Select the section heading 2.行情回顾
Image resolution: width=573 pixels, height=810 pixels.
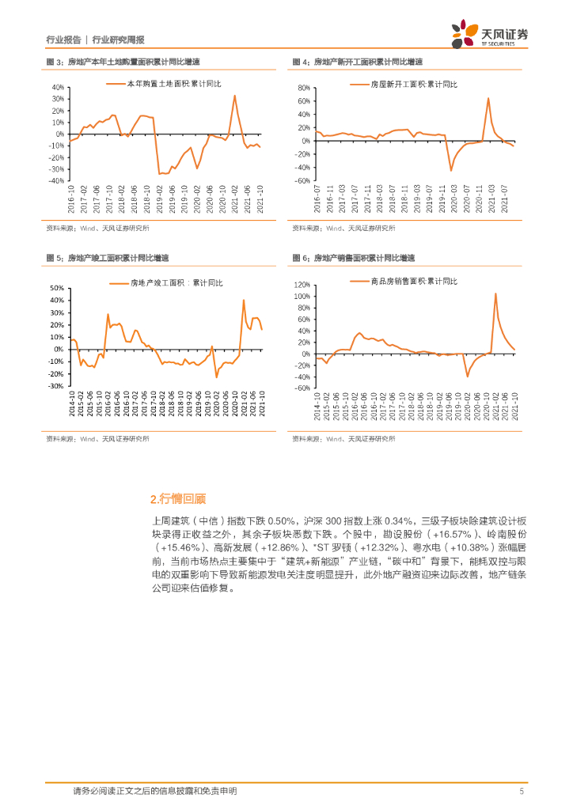pyautogui.click(x=177, y=498)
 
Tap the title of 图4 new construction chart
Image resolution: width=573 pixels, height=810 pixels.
pyautogui.click(x=357, y=62)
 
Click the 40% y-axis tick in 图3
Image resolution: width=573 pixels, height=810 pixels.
pyautogui.click(x=57, y=87)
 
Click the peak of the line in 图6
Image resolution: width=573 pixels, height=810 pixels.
pyautogui.click(x=495, y=293)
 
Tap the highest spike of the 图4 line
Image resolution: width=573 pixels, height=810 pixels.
pyautogui.click(x=488, y=98)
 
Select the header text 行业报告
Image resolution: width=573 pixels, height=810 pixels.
pyautogui.click(x=63, y=40)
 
